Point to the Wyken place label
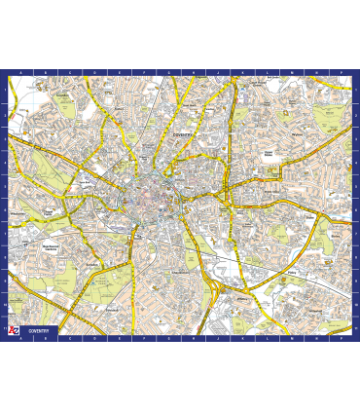296,135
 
